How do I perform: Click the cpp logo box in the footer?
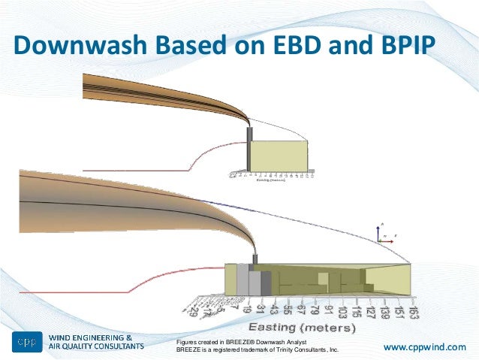point(26,343)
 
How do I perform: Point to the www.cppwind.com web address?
point(424,346)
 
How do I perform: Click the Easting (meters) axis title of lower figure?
point(303,327)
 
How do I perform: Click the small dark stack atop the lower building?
point(255,259)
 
